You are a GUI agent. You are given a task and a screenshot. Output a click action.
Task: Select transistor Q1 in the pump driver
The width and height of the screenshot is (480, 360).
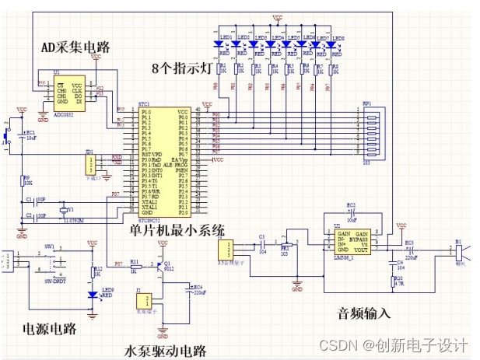click(162, 265)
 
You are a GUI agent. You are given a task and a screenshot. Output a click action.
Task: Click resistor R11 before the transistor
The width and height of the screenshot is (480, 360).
click(135, 266)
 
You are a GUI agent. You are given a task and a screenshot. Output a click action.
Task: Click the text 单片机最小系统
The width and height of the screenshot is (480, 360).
click(177, 230)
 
